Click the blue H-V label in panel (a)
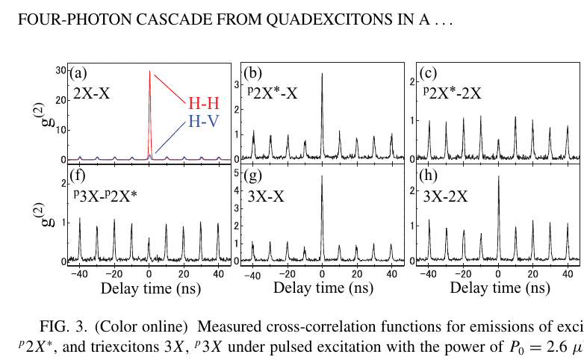[x=203, y=121]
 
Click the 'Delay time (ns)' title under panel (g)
[x=321, y=288]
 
